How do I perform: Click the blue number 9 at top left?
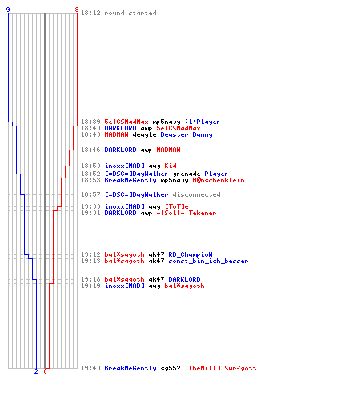pyautogui.click(x=8, y=10)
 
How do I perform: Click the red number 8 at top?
pyautogui.click(x=77, y=10)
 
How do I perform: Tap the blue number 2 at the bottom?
pyautogui.click(x=36, y=371)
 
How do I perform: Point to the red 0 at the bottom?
pyautogui.click(x=45, y=371)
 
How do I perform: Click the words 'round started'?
pyautogui.click(x=130, y=13)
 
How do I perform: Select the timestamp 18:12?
pyautogui.click(x=90, y=13)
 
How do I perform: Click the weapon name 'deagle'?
pyautogui.click(x=144, y=134)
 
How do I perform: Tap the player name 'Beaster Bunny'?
pyautogui.click(x=186, y=134)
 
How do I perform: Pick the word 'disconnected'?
pyautogui.click(x=196, y=194)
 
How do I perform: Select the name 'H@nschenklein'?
pyautogui.click(x=218, y=180)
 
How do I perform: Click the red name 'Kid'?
pyautogui.click(x=170, y=166)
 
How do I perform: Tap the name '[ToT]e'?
pyautogui.click(x=176, y=206)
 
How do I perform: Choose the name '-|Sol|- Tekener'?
pyautogui.click(x=186, y=213)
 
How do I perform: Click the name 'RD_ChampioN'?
pyautogui.click(x=190, y=254)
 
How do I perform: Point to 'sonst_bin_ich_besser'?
pyautogui.click(x=208, y=261)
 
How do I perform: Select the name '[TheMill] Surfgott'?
pyautogui.click(x=220, y=368)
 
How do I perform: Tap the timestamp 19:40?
pyautogui.click(x=90, y=368)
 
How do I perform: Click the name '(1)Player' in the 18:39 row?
pyautogui.click(x=202, y=122)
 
